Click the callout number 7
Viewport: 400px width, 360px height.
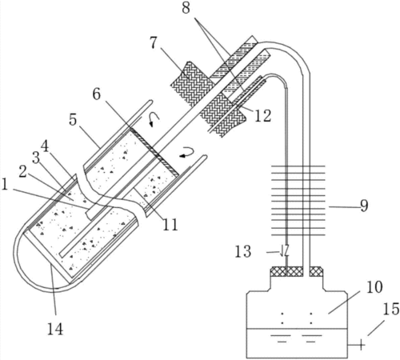pyautogui.click(x=154, y=42)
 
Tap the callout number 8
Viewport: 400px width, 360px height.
pyautogui.click(x=186, y=8)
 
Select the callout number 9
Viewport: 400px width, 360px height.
pyautogui.click(x=364, y=206)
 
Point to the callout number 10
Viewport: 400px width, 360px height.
pyautogui.click(x=374, y=287)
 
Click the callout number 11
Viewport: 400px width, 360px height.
pyautogui.click(x=170, y=224)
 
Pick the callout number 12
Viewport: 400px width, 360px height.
pyautogui.click(x=262, y=116)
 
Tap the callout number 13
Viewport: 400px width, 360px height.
pyautogui.click(x=243, y=251)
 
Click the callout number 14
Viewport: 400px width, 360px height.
pyautogui.click(x=55, y=329)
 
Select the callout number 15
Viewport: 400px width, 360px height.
pyautogui.click(x=391, y=309)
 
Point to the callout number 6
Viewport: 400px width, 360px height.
pyautogui.click(x=97, y=94)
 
